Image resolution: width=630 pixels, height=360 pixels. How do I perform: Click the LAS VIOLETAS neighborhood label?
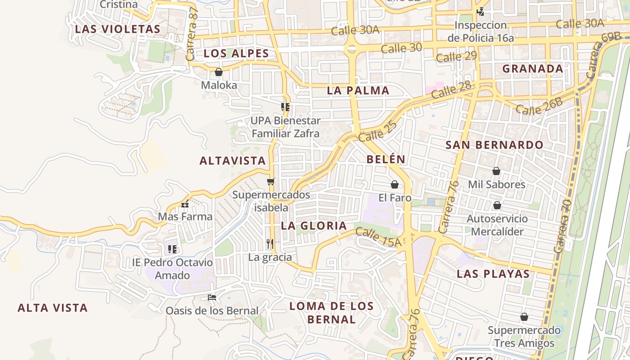tap(117, 29)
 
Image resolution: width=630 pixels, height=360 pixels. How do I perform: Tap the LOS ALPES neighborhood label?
tap(236, 54)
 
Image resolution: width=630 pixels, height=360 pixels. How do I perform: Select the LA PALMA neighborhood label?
tap(358, 90)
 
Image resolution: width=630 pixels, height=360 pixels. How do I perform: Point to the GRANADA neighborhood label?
tap(533, 69)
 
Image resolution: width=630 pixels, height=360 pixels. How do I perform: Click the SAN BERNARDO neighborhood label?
tap(495, 145)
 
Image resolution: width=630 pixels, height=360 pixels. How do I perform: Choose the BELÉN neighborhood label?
tap(386, 159)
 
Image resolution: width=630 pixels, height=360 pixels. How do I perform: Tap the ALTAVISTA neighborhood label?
tap(233, 161)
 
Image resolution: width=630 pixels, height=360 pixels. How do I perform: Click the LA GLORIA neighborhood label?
tap(314, 226)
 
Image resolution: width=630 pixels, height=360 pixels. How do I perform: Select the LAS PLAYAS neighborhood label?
tap(493, 274)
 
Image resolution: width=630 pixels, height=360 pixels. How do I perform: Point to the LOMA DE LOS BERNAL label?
tap(332, 313)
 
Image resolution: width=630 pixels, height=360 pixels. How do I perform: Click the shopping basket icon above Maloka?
tap(219, 72)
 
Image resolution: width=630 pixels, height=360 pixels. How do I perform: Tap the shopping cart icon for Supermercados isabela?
tap(270, 181)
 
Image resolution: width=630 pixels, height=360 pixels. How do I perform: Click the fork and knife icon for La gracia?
tap(270, 244)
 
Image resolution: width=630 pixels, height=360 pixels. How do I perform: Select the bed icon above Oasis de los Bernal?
tap(211, 297)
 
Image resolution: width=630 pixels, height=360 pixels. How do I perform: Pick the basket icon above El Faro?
tap(395, 184)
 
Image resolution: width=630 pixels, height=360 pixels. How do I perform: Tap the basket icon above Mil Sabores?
tap(496, 171)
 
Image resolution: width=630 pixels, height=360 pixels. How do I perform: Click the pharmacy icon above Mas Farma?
tap(185, 204)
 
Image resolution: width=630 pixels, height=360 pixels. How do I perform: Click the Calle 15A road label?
tap(378, 237)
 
